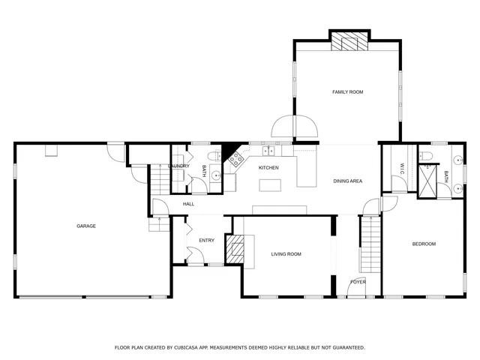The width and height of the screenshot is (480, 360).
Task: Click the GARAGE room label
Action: pyautogui.click(x=85, y=226)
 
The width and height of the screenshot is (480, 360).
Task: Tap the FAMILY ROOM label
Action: pyautogui.click(x=347, y=91)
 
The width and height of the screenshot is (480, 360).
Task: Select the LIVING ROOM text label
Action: pyautogui.click(x=286, y=254)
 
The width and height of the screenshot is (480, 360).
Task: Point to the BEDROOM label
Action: pyautogui.click(x=423, y=244)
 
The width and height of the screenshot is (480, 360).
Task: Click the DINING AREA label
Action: pyautogui.click(x=348, y=181)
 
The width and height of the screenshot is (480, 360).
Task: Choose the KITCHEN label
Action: pyautogui.click(x=268, y=167)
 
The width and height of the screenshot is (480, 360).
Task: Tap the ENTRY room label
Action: pyautogui.click(x=206, y=240)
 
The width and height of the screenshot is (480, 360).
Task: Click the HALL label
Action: pyautogui.click(x=188, y=204)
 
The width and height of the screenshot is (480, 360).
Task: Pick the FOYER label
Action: pyautogui.click(x=358, y=281)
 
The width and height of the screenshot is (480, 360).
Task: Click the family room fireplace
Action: pyautogui.click(x=349, y=41)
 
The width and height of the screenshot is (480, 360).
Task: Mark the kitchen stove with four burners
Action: pyautogui.click(x=236, y=158)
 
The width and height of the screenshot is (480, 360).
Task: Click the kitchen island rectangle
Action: pyautogui.click(x=269, y=184)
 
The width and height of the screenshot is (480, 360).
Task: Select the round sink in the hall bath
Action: pyautogui.click(x=216, y=175)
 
